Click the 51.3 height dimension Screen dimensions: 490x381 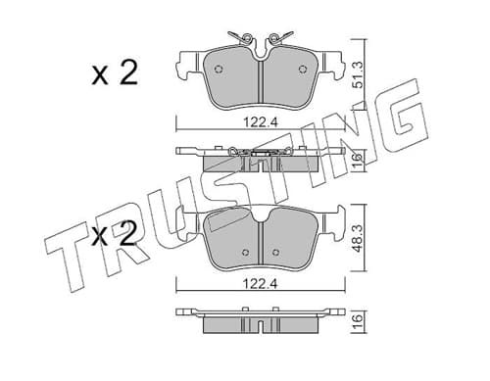[x=359, y=74]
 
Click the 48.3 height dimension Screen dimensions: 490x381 [x=359, y=238]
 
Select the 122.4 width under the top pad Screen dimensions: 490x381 [x=261, y=122]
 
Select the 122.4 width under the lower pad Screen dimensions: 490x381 [x=261, y=284]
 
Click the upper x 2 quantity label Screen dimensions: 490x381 [x=115, y=74]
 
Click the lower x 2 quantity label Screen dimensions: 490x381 [x=114, y=234]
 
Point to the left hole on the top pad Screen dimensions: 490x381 [x=219, y=69]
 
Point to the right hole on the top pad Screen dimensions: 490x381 [x=303, y=69]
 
